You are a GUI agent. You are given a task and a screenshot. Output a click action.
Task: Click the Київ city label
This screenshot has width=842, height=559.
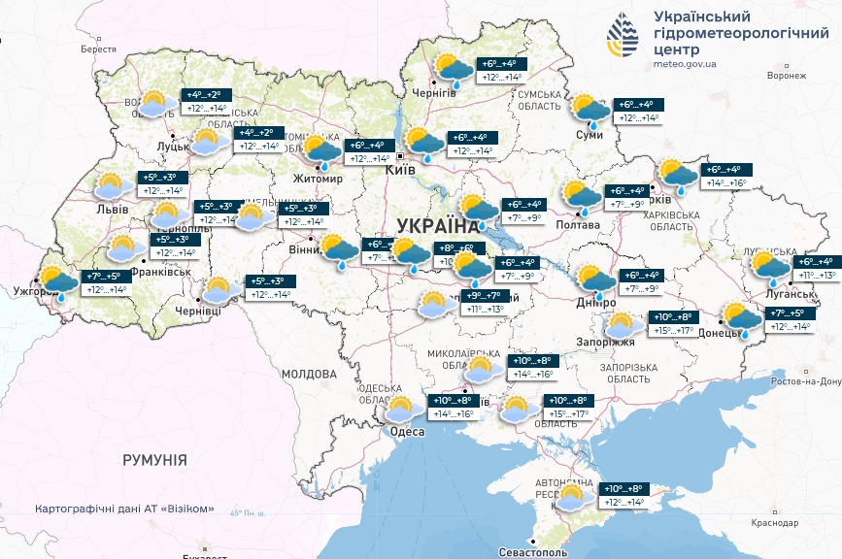coord(400,170)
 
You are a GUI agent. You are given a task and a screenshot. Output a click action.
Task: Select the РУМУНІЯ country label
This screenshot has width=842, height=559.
coord(154,458)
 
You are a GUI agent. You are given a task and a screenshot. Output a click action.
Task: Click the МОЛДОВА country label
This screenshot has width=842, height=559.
coord(308,374)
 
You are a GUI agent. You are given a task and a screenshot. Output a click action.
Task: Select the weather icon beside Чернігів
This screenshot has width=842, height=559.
coord(453,70)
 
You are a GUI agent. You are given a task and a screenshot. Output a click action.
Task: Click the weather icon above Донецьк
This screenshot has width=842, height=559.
coord(743,317)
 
